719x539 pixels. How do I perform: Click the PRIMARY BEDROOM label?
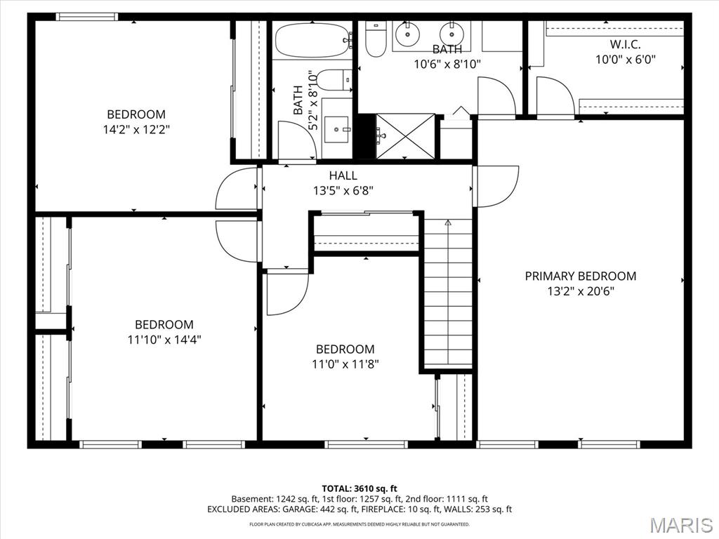click(581, 276)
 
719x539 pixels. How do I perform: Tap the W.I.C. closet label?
click(626, 44)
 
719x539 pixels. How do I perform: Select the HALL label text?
click(343, 175)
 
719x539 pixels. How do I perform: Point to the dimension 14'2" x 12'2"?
click(136, 130)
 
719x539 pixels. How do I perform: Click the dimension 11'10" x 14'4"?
click(164, 340)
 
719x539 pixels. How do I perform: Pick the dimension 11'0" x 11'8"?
click(345, 364)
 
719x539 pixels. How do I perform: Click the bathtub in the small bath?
click(312, 40)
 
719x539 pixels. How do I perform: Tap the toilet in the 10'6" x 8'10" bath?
click(376, 40)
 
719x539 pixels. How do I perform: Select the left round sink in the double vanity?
click(407, 34)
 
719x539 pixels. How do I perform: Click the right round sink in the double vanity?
click(451, 34)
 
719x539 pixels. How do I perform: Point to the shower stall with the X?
click(405, 136)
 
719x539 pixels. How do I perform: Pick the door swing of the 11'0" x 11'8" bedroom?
click(288, 294)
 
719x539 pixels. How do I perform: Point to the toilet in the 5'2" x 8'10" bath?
click(334, 80)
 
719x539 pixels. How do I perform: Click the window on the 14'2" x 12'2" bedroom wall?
click(86, 17)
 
